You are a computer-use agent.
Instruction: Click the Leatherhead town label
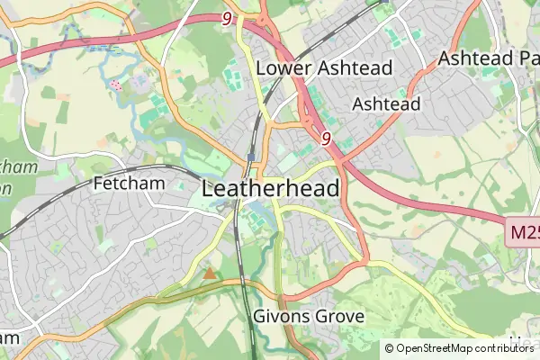click(272, 189)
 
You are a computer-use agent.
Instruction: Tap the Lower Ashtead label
click(324, 68)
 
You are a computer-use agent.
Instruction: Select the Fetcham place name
click(126, 183)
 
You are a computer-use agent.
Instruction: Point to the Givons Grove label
click(309, 317)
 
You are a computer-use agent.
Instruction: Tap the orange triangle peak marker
click(210, 273)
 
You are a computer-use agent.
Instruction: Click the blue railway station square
click(250, 157)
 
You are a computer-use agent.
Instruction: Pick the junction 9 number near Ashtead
click(326, 139)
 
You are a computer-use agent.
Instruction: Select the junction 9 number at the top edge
click(225, 18)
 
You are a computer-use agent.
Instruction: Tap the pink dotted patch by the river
click(115, 85)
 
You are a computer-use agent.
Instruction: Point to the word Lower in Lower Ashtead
click(283, 68)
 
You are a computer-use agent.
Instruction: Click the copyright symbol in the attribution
click(390, 348)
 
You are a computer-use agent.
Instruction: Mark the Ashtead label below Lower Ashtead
click(386, 104)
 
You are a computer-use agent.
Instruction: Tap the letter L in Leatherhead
click(210, 189)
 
